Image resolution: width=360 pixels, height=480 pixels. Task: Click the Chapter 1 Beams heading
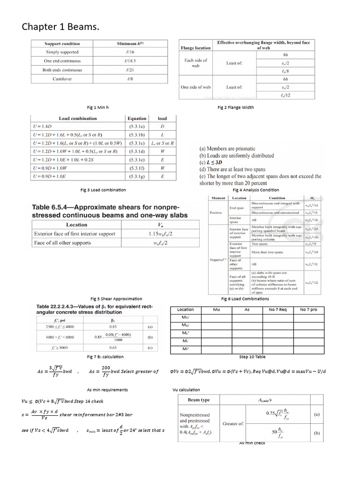[x=60, y=28]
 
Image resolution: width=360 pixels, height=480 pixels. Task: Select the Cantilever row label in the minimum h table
[x=62, y=79]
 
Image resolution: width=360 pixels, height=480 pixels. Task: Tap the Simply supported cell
[x=62, y=52]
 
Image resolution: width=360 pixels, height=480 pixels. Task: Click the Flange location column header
[x=195, y=48]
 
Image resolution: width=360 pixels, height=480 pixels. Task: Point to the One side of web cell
[x=195, y=87]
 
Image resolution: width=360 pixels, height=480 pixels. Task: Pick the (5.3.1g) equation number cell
[x=137, y=177]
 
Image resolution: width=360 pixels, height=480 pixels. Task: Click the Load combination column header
[x=78, y=119]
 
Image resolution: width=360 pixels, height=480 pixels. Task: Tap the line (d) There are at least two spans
[x=236, y=169]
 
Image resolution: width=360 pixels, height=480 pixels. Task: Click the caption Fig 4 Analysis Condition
[x=256, y=190]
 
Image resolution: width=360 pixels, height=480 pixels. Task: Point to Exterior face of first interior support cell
[x=75, y=233]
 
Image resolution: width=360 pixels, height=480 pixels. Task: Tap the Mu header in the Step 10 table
[x=216, y=309]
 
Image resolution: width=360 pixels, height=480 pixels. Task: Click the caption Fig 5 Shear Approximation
[x=116, y=299]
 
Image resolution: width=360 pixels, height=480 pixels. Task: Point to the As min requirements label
[x=107, y=390]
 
